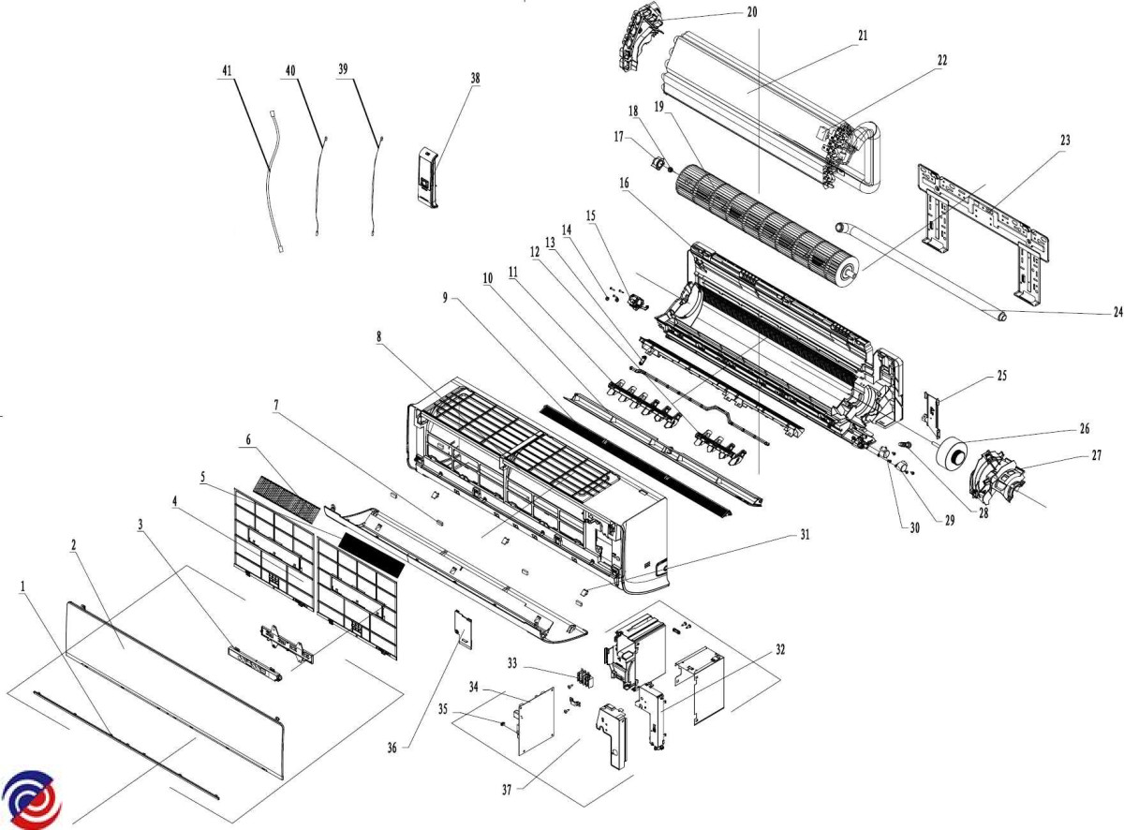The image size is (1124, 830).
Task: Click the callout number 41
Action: point(227,71)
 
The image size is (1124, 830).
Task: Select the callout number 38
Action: point(476,79)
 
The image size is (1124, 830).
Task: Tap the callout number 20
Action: point(752,12)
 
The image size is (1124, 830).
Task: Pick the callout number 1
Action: point(22,584)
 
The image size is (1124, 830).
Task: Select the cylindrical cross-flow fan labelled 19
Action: point(759,215)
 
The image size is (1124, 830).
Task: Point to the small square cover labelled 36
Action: point(460,629)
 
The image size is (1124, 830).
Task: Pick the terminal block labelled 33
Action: point(585,676)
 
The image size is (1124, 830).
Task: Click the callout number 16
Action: point(624,185)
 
